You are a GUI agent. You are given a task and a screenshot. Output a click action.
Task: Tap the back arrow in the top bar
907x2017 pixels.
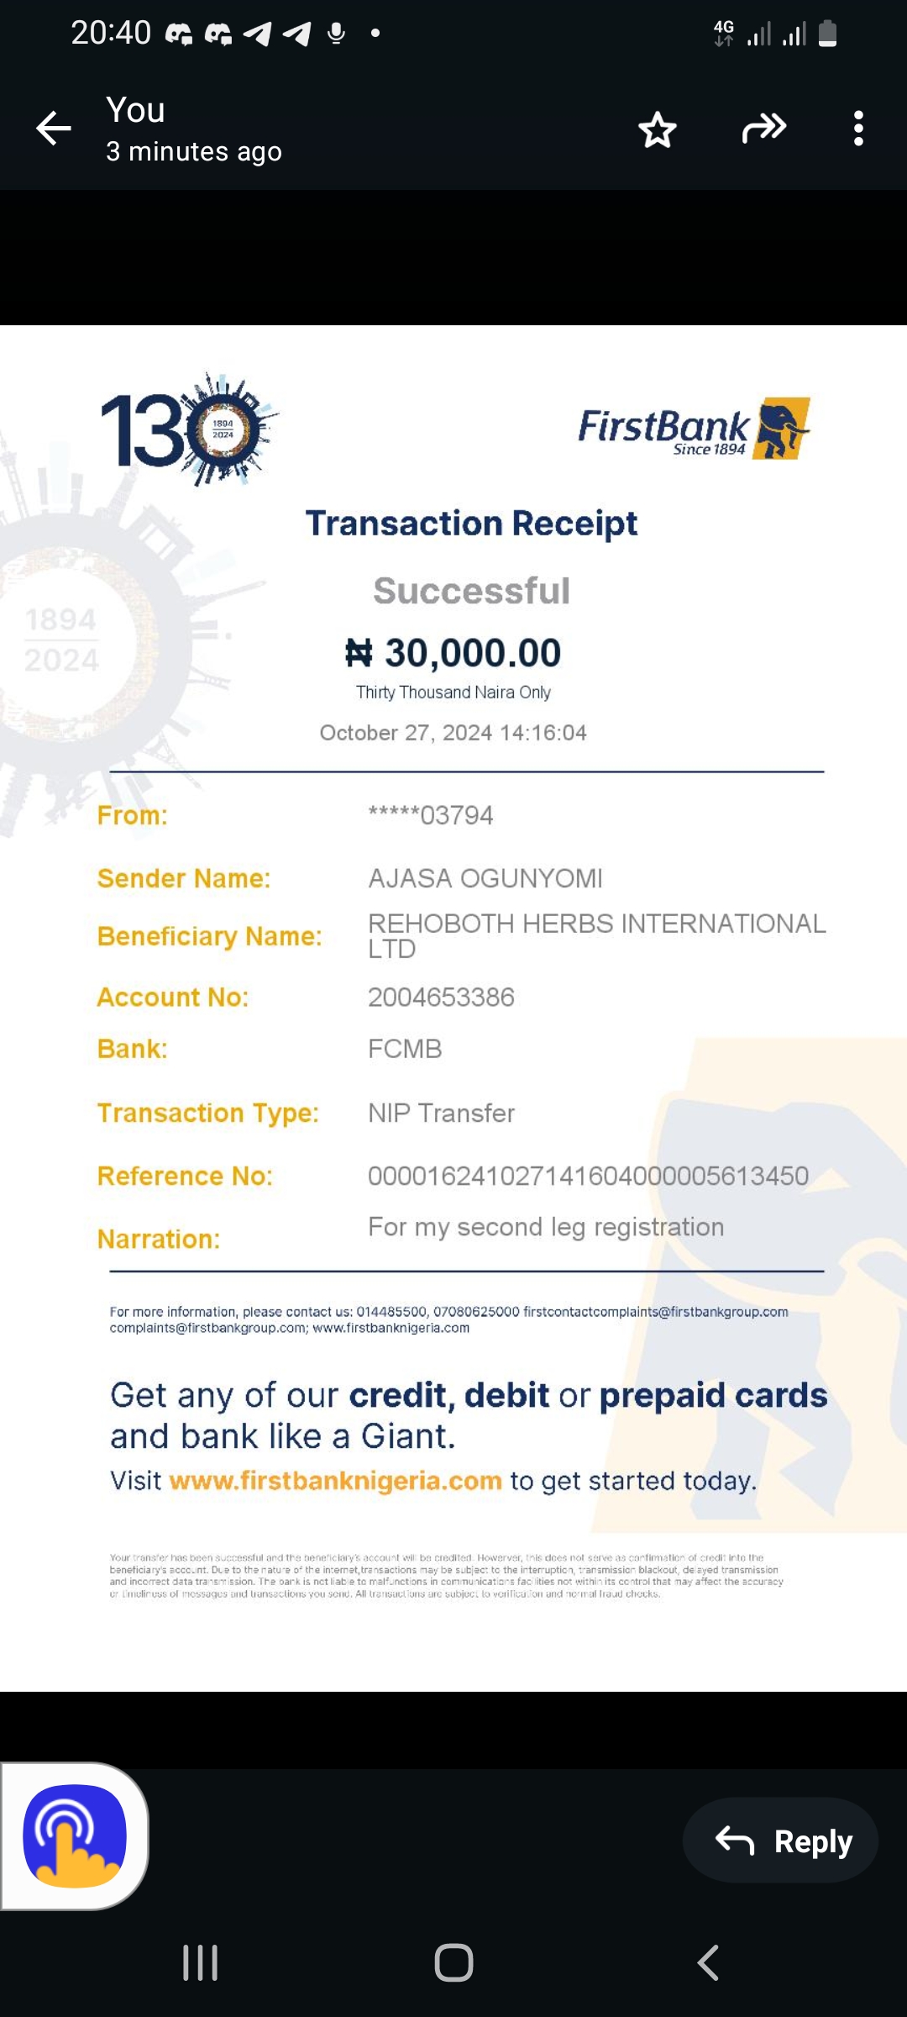point(54,129)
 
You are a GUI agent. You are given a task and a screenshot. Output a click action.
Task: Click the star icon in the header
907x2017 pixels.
point(657,129)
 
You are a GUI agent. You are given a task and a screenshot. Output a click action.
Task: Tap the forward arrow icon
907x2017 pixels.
point(763,129)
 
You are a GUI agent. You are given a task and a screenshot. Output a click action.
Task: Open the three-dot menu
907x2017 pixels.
point(857,129)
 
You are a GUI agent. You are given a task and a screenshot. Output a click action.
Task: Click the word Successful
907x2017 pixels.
point(471,591)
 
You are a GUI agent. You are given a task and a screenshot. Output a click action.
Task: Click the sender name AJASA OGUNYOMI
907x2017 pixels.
point(485,878)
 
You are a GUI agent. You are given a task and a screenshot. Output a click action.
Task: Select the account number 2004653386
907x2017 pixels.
point(441,998)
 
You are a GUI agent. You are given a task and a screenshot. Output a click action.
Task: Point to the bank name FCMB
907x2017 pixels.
point(405,1049)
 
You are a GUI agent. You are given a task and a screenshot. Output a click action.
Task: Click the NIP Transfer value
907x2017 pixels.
point(441,1113)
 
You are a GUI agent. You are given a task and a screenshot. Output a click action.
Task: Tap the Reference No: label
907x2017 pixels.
point(185,1176)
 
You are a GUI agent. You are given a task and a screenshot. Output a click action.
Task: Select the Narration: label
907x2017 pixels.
point(159,1239)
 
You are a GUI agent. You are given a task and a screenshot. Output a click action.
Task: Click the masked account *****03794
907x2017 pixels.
point(430,815)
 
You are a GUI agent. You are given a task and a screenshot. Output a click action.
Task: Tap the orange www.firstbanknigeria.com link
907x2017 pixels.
point(335,1481)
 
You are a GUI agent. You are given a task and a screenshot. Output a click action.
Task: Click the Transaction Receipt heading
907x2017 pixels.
point(471,524)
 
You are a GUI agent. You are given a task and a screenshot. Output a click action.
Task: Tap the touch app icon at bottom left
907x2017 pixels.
point(75,1836)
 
